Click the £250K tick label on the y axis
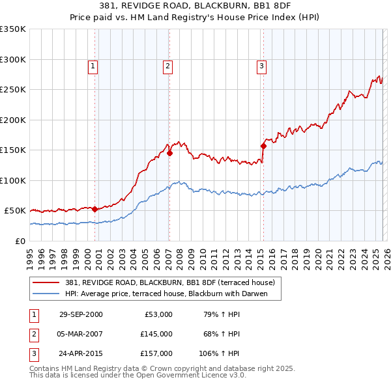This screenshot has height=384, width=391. point(13,90)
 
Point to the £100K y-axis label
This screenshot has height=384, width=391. point(13,180)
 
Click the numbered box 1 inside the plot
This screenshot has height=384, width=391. point(93,65)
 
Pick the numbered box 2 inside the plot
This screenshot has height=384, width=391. point(167,65)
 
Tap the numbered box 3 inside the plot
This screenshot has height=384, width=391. point(261,65)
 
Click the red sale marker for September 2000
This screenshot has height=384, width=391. point(95,209)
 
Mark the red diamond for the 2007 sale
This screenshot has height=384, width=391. point(169,154)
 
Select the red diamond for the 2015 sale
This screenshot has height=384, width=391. point(264,146)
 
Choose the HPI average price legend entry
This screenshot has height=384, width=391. point(173,294)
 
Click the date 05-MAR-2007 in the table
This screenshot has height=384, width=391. point(81,334)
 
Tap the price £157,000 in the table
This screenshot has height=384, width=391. point(157,353)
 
